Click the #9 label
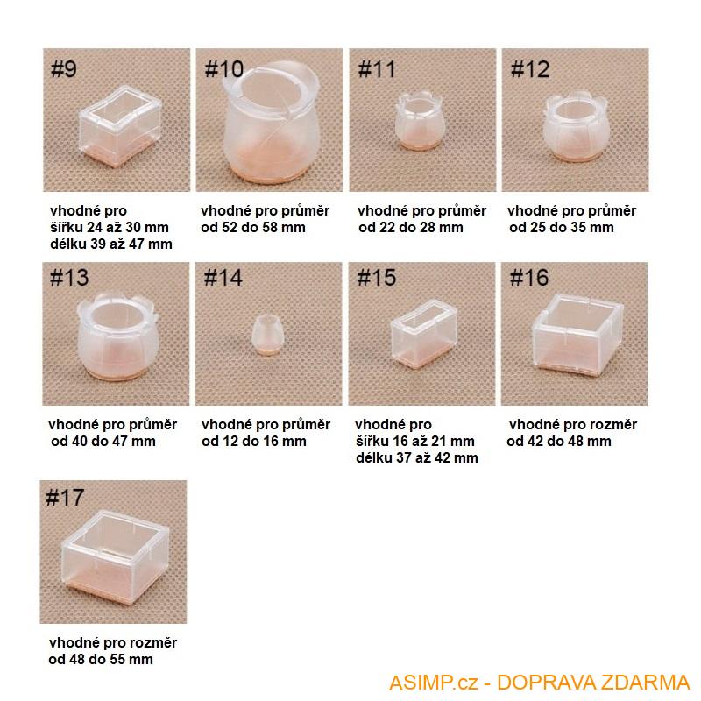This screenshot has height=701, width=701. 64,69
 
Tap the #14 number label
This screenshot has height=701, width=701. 223,278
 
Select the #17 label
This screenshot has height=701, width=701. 65,498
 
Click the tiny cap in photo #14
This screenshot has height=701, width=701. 267,335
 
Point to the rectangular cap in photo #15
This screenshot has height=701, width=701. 423,333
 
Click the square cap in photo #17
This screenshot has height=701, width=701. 115,556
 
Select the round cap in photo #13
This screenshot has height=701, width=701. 117,336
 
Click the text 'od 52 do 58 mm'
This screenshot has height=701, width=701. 253,228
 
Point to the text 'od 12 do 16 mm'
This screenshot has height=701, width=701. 254,442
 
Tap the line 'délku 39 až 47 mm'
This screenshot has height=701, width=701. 111,244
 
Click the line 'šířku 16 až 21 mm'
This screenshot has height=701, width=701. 414,442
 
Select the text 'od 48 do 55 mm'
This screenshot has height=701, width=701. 101,660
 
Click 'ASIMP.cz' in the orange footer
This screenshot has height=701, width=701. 434,683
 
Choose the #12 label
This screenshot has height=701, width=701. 530,70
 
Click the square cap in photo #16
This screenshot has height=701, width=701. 577,332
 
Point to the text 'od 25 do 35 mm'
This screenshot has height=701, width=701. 562,228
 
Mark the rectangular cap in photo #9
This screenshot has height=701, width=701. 120,126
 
